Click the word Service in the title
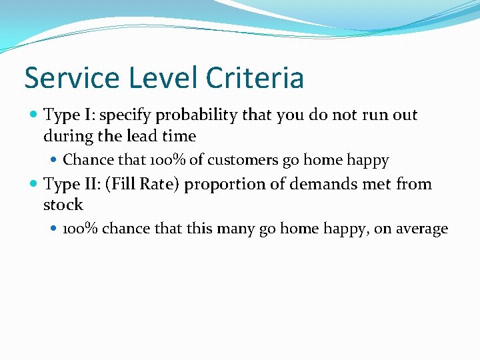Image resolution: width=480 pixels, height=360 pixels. [x=73, y=78]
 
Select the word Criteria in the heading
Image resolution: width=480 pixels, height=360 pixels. [x=255, y=78]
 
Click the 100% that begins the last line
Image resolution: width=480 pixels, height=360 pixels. [x=81, y=229]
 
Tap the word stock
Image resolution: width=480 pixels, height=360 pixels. [x=63, y=205]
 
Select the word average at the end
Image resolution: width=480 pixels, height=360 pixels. [x=423, y=229]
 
